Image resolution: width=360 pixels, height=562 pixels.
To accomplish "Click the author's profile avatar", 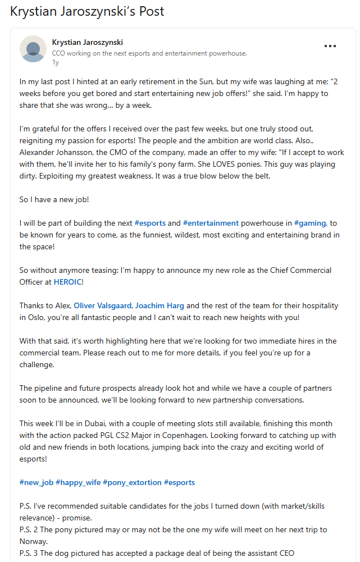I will click(33, 49).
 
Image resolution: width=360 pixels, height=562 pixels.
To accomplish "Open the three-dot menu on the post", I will click(330, 46).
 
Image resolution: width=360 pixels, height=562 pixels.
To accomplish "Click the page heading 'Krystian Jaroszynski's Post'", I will click(87, 12).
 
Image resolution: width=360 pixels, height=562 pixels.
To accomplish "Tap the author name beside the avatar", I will click(87, 43).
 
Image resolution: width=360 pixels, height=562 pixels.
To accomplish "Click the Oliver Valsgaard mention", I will click(103, 305).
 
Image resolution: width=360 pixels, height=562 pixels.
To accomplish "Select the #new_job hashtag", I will click(37, 482).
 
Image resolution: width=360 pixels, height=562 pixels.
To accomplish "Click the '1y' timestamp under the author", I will click(55, 62).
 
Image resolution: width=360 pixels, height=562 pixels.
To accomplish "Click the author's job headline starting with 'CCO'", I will click(149, 53).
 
